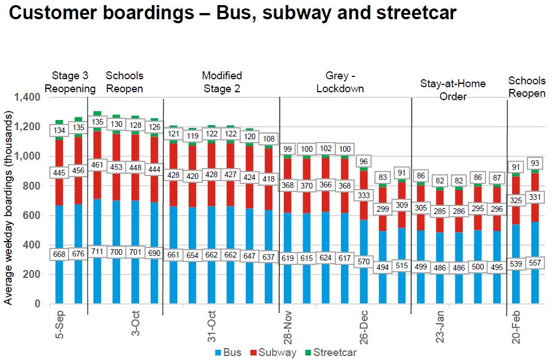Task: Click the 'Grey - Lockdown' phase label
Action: (x=340, y=82)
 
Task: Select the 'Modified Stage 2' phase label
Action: (x=221, y=82)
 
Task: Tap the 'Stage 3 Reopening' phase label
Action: (x=70, y=82)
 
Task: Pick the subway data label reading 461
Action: (x=97, y=165)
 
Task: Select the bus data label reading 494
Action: (x=383, y=268)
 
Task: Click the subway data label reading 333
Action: (x=364, y=195)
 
